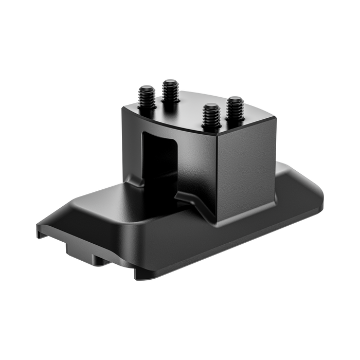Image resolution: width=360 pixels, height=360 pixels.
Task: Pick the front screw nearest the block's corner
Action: (210, 115)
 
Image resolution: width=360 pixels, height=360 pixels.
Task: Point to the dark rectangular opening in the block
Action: (159, 154)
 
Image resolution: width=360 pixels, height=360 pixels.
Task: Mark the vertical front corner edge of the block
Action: (217, 175)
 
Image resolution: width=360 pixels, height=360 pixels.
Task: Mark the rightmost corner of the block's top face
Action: (277, 117)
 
